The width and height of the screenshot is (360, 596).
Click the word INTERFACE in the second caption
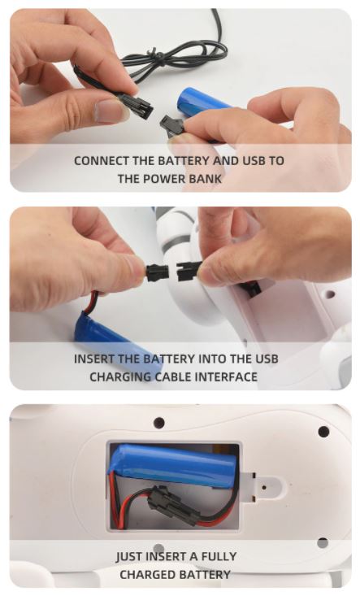(226, 376)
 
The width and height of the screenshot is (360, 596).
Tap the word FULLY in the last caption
(219, 556)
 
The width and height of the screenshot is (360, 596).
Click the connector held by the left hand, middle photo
(157, 272)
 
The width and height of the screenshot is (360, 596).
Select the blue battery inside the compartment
(173, 465)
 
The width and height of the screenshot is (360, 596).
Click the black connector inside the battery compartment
(174, 504)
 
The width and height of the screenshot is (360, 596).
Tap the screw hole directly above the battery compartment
(159, 422)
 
